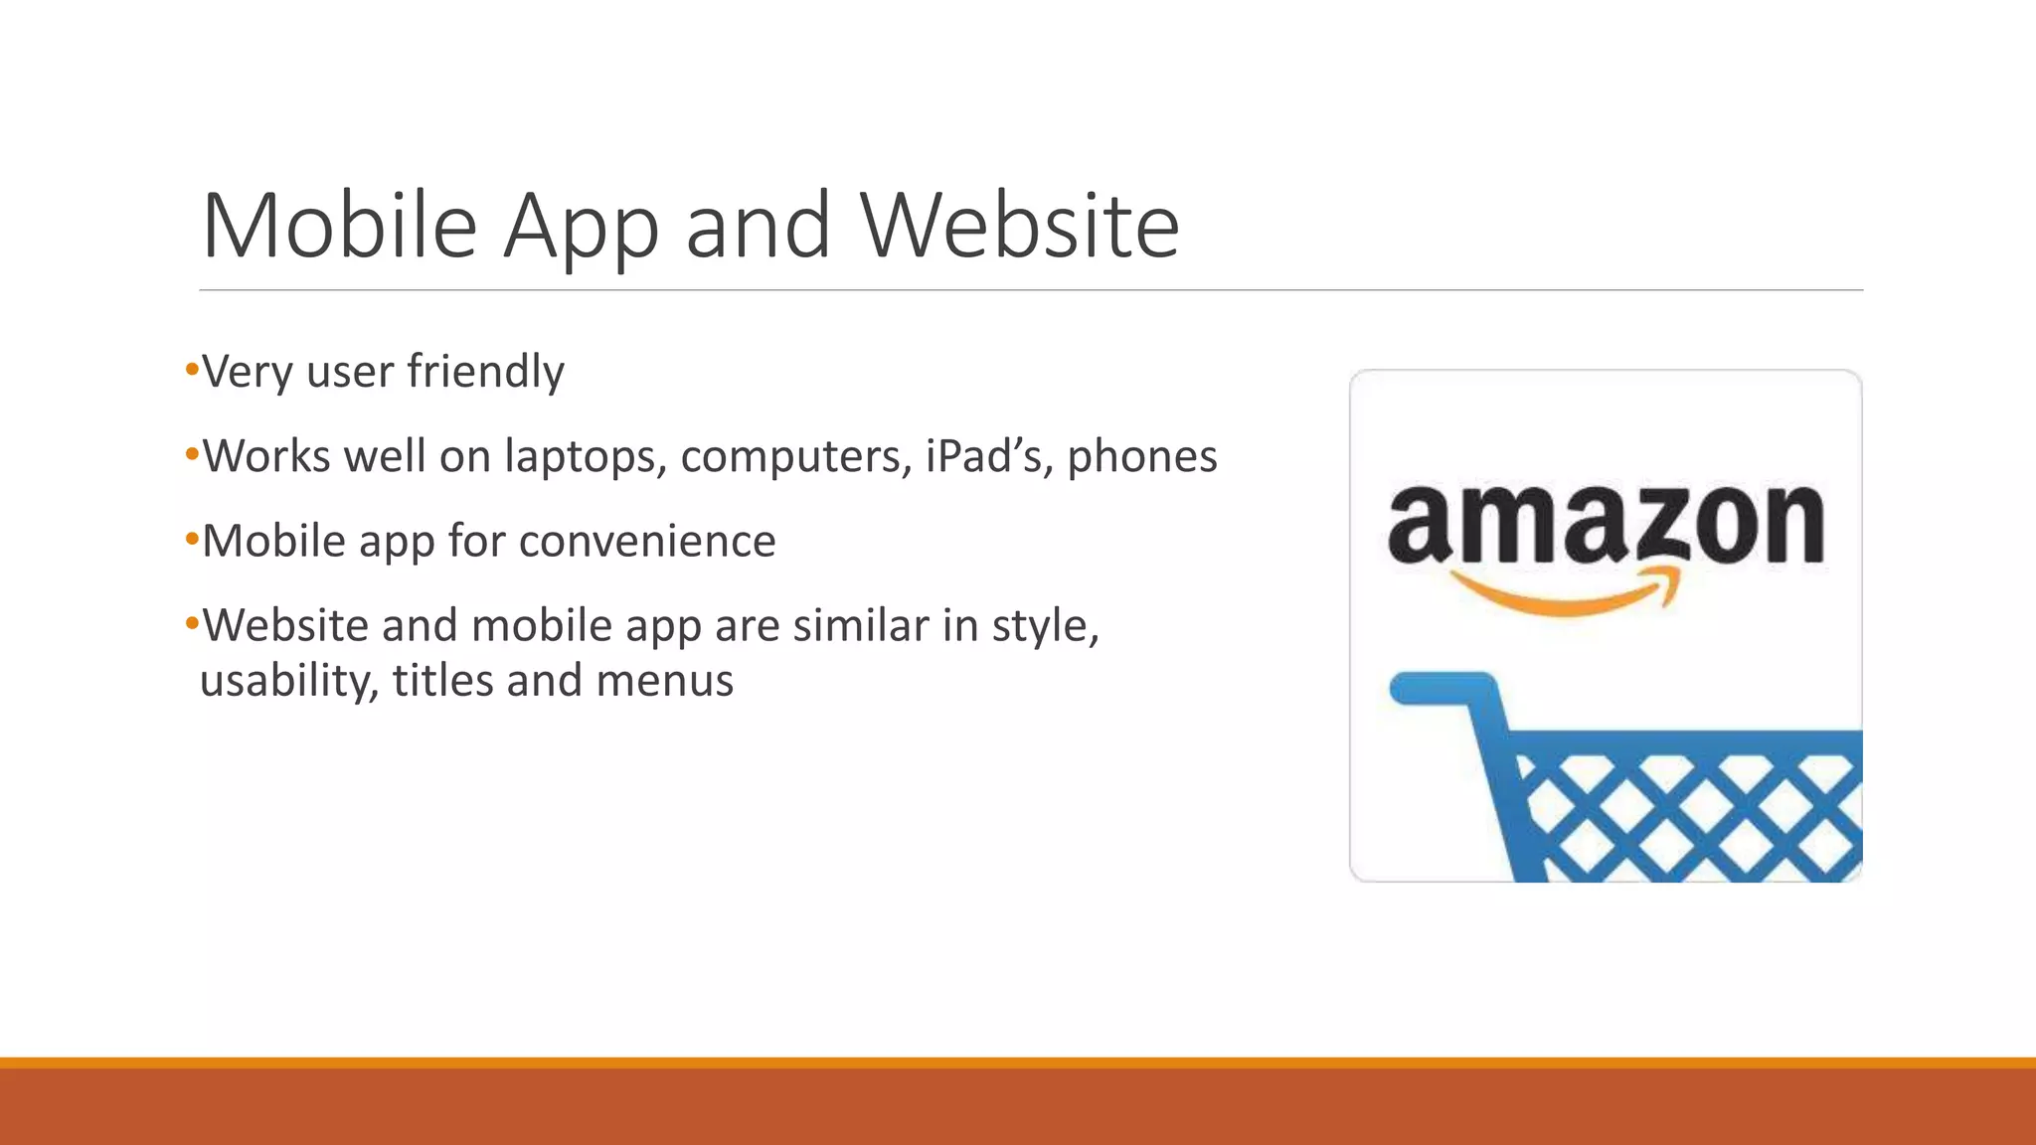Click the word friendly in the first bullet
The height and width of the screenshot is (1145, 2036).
485,373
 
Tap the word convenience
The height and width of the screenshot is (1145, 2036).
646,542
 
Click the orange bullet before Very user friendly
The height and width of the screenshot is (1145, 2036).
192,371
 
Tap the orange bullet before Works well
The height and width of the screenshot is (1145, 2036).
192,455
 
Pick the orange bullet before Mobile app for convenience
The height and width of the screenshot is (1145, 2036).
192,540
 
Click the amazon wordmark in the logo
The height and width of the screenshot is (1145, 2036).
1605,524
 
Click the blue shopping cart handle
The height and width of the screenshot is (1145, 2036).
1442,688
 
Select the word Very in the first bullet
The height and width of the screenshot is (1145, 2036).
248,373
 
